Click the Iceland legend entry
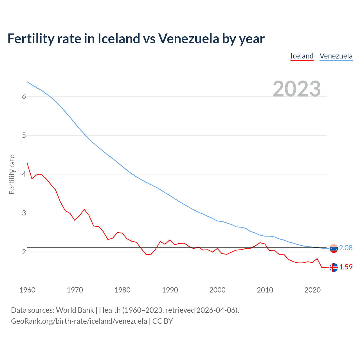tap(302, 56)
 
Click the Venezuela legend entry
tap(336, 56)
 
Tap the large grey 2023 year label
tap(296, 89)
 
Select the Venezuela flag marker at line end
tap(334, 248)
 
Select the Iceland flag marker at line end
tap(334, 267)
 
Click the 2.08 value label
tap(346, 248)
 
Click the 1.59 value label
tap(346, 267)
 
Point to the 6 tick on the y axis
tap(24, 97)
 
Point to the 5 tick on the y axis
tap(24, 136)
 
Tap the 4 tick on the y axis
tap(24, 174)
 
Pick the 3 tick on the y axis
tap(24, 213)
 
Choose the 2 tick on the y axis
tap(24, 252)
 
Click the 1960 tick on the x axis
tap(27, 290)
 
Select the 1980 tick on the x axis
tap(122, 290)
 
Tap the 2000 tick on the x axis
tap(217, 290)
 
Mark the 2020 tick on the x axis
tap(312, 290)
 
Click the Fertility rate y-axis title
tap(12, 174)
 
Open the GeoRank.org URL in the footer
tap(79, 321)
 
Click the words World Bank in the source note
tap(75, 310)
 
